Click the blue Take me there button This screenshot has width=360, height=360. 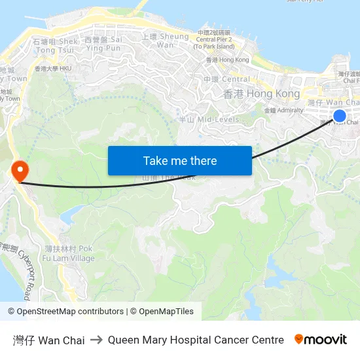(179, 160)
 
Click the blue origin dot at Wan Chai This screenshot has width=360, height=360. (339, 117)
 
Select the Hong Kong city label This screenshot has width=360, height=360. (261, 94)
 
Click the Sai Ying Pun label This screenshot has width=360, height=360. (103, 44)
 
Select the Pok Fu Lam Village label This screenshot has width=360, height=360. (69, 253)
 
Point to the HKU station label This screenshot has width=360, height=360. (53, 68)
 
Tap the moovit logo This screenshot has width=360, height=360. (320, 340)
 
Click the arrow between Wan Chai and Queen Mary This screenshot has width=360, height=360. (96, 340)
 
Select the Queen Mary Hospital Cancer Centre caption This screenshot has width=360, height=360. (196, 340)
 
